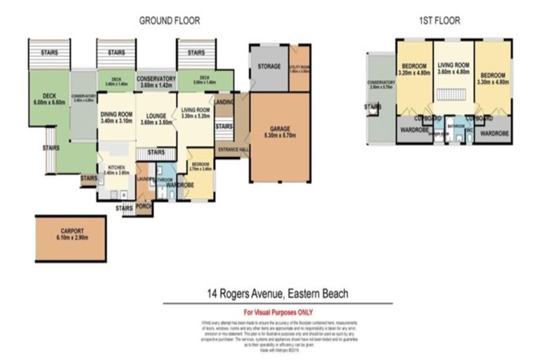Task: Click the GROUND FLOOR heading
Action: [169, 21]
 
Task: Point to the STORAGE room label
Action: [269, 67]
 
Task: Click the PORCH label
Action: [143, 207]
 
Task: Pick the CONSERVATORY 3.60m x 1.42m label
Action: [155, 81]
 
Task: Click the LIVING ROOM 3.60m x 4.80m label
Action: [452, 68]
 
